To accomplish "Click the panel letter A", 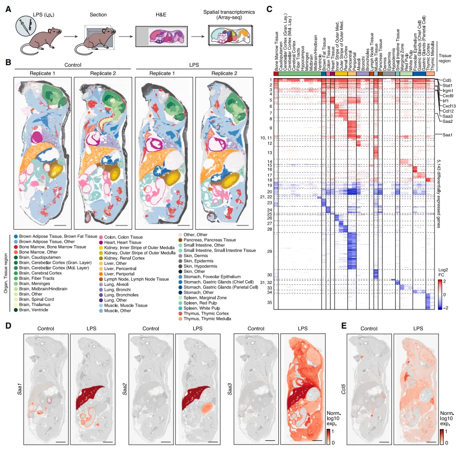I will (8, 9).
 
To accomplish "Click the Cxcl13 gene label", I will (449, 106).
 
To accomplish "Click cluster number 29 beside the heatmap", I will (269, 251).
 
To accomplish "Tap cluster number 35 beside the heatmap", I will (269, 303).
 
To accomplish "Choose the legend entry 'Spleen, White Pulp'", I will (202, 307).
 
